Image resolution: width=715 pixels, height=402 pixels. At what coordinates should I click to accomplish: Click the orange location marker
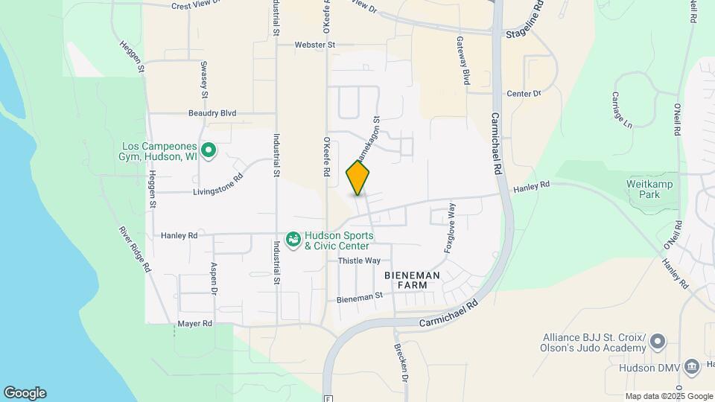pyautogui.click(x=358, y=177)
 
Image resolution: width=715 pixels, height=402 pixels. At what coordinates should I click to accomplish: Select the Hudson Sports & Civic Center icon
pyautogui.click(x=293, y=240)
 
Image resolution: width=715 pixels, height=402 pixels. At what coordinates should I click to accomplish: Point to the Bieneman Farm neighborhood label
pyautogui.click(x=412, y=280)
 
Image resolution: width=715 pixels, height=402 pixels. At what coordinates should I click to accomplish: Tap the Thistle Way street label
pyautogui.click(x=359, y=261)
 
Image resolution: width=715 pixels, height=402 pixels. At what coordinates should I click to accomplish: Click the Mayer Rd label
pyautogui.click(x=194, y=324)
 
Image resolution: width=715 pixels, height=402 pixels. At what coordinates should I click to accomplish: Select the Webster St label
pyautogui.click(x=315, y=45)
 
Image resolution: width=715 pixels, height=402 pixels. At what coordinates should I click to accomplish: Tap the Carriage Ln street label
pyautogui.click(x=621, y=109)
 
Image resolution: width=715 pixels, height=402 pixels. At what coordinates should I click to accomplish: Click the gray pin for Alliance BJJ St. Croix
pyautogui.click(x=657, y=342)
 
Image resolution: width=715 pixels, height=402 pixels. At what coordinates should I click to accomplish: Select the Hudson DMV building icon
pyautogui.click(x=692, y=367)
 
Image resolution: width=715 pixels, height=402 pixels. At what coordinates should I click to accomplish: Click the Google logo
pyautogui.click(x=25, y=392)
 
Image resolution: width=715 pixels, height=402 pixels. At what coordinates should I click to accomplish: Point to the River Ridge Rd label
pyautogui.click(x=136, y=249)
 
